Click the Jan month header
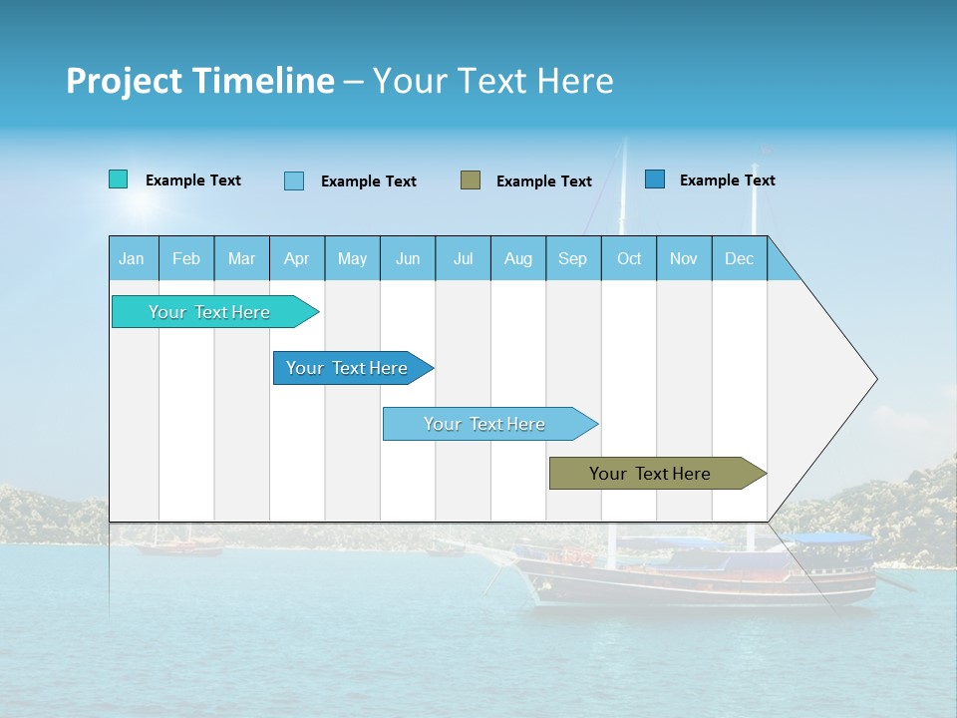coord(132,258)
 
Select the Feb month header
coord(186,258)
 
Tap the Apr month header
coord(296,258)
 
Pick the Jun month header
coord(408,258)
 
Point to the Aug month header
coord(517,258)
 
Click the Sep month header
coord(572,258)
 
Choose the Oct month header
coord(629,258)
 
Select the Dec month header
coord(739,258)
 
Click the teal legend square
coord(119,179)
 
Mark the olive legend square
coord(471,179)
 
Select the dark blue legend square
coord(655,179)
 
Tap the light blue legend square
coord(294,180)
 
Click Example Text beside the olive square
coord(543,180)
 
